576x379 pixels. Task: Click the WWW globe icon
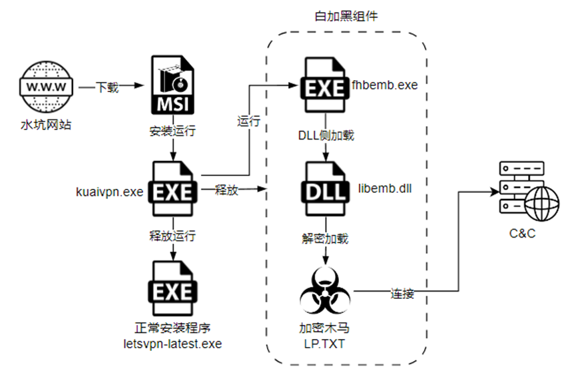point(45,87)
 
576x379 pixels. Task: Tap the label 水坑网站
point(45,124)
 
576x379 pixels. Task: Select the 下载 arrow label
point(108,87)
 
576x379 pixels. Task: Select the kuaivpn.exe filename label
point(110,192)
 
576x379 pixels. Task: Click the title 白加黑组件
point(346,16)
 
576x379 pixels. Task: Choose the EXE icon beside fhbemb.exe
point(324,85)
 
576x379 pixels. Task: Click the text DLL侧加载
point(326,135)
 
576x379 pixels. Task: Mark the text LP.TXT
point(324,342)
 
